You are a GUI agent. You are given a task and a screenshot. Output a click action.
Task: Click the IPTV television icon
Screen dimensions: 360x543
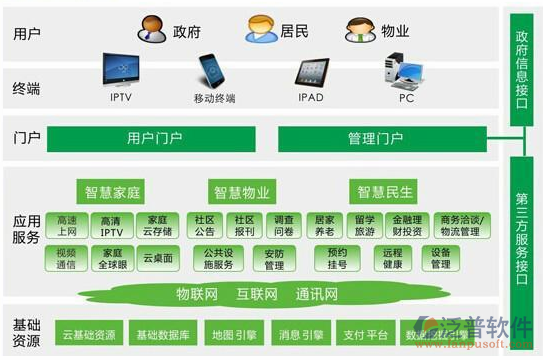pyautogui.click(x=121, y=69)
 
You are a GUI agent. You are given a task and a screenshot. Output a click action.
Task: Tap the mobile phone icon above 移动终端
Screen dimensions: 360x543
pyautogui.click(x=212, y=71)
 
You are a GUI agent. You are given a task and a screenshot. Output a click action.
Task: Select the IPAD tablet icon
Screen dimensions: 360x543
pyautogui.click(x=311, y=71)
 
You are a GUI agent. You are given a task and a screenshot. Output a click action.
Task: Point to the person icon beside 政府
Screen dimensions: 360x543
pyautogui.click(x=152, y=29)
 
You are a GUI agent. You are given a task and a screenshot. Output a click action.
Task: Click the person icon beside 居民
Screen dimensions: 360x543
pyautogui.click(x=261, y=29)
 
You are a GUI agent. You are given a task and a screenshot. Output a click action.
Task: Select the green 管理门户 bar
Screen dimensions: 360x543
pyautogui.click(x=376, y=138)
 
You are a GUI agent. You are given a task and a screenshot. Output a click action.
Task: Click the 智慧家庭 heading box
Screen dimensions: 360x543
pyautogui.click(x=113, y=191)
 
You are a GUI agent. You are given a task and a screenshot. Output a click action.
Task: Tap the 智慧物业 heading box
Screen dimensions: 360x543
pyautogui.click(x=242, y=191)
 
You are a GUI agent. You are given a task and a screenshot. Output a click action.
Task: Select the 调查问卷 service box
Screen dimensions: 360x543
pyautogui.click(x=283, y=225)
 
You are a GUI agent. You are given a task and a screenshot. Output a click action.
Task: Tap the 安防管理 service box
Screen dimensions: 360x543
pyautogui.click(x=275, y=259)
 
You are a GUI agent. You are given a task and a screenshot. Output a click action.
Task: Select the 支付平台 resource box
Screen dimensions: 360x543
pyautogui.click(x=364, y=334)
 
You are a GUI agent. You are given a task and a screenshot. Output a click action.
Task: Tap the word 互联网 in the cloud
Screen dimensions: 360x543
pyautogui.click(x=258, y=294)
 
